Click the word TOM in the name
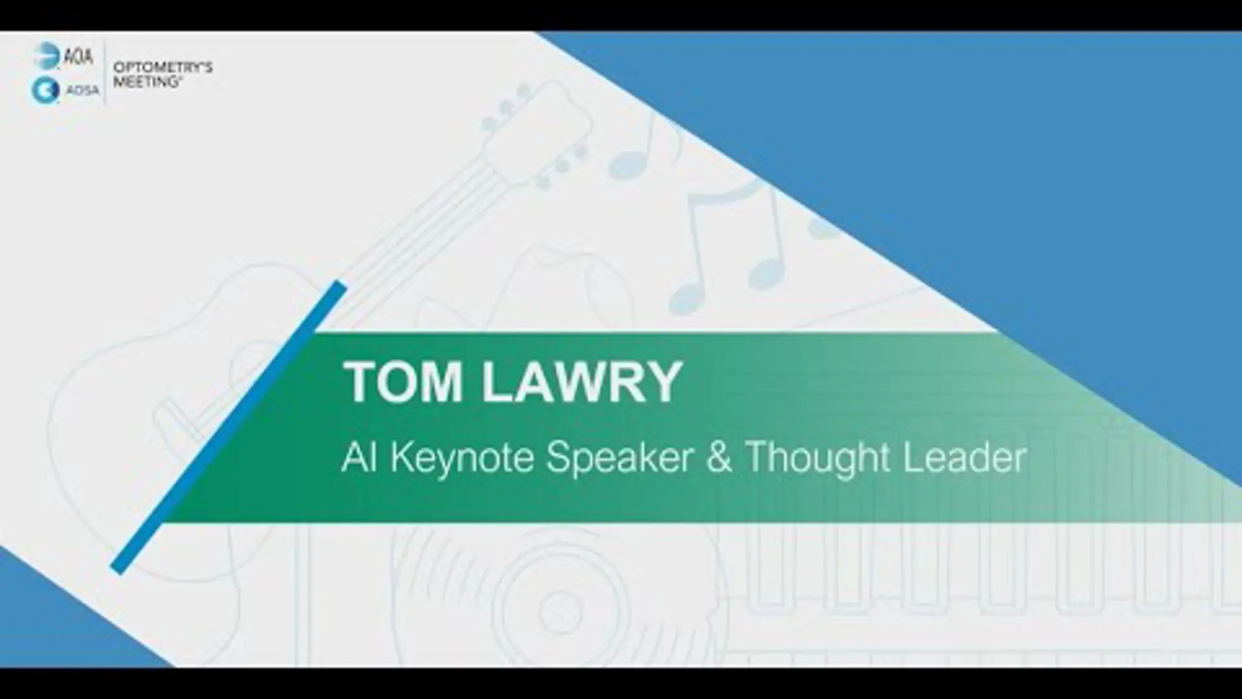pos(402,382)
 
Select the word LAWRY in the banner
pos(582,382)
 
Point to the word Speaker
pos(620,458)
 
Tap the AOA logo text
pos(78,57)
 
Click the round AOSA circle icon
pos(45,91)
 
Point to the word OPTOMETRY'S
pos(163,67)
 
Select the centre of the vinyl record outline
pos(553,610)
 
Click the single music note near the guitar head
pos(637,149)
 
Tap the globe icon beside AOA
pos(47,56)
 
